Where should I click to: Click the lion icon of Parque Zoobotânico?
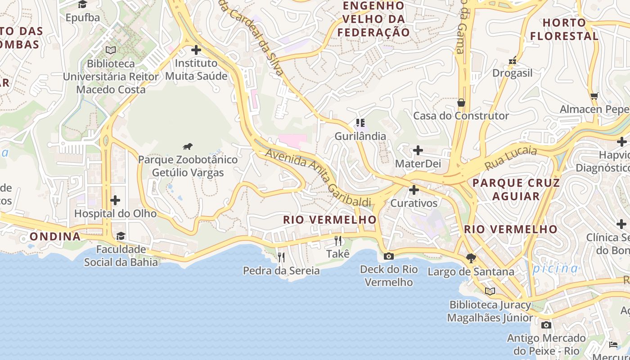tap(188, 146)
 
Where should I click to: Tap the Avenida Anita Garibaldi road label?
tap(318, 177)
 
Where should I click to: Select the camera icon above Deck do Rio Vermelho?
tap(388, 256)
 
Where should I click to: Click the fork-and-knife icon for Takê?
tap(338, 241)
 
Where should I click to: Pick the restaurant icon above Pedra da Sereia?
tap(281, 257)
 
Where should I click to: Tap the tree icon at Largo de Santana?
tap(471, 258)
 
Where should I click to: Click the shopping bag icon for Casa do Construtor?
tap(461, 103)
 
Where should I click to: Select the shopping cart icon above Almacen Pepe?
tap(594, 96)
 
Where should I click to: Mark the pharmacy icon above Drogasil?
tap(512, 60)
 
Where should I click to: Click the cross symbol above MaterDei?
tap(418, 150)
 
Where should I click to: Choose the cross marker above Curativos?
tap(414, 190)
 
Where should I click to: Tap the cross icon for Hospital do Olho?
tap(115, 200)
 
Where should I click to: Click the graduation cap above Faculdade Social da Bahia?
tap(121, 236)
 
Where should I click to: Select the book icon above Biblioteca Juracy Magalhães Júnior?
tap(490, 291)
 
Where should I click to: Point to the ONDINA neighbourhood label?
tap(55, 236)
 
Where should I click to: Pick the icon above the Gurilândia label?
tap(360, 122)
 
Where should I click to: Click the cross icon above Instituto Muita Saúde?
tap(196, 50)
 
